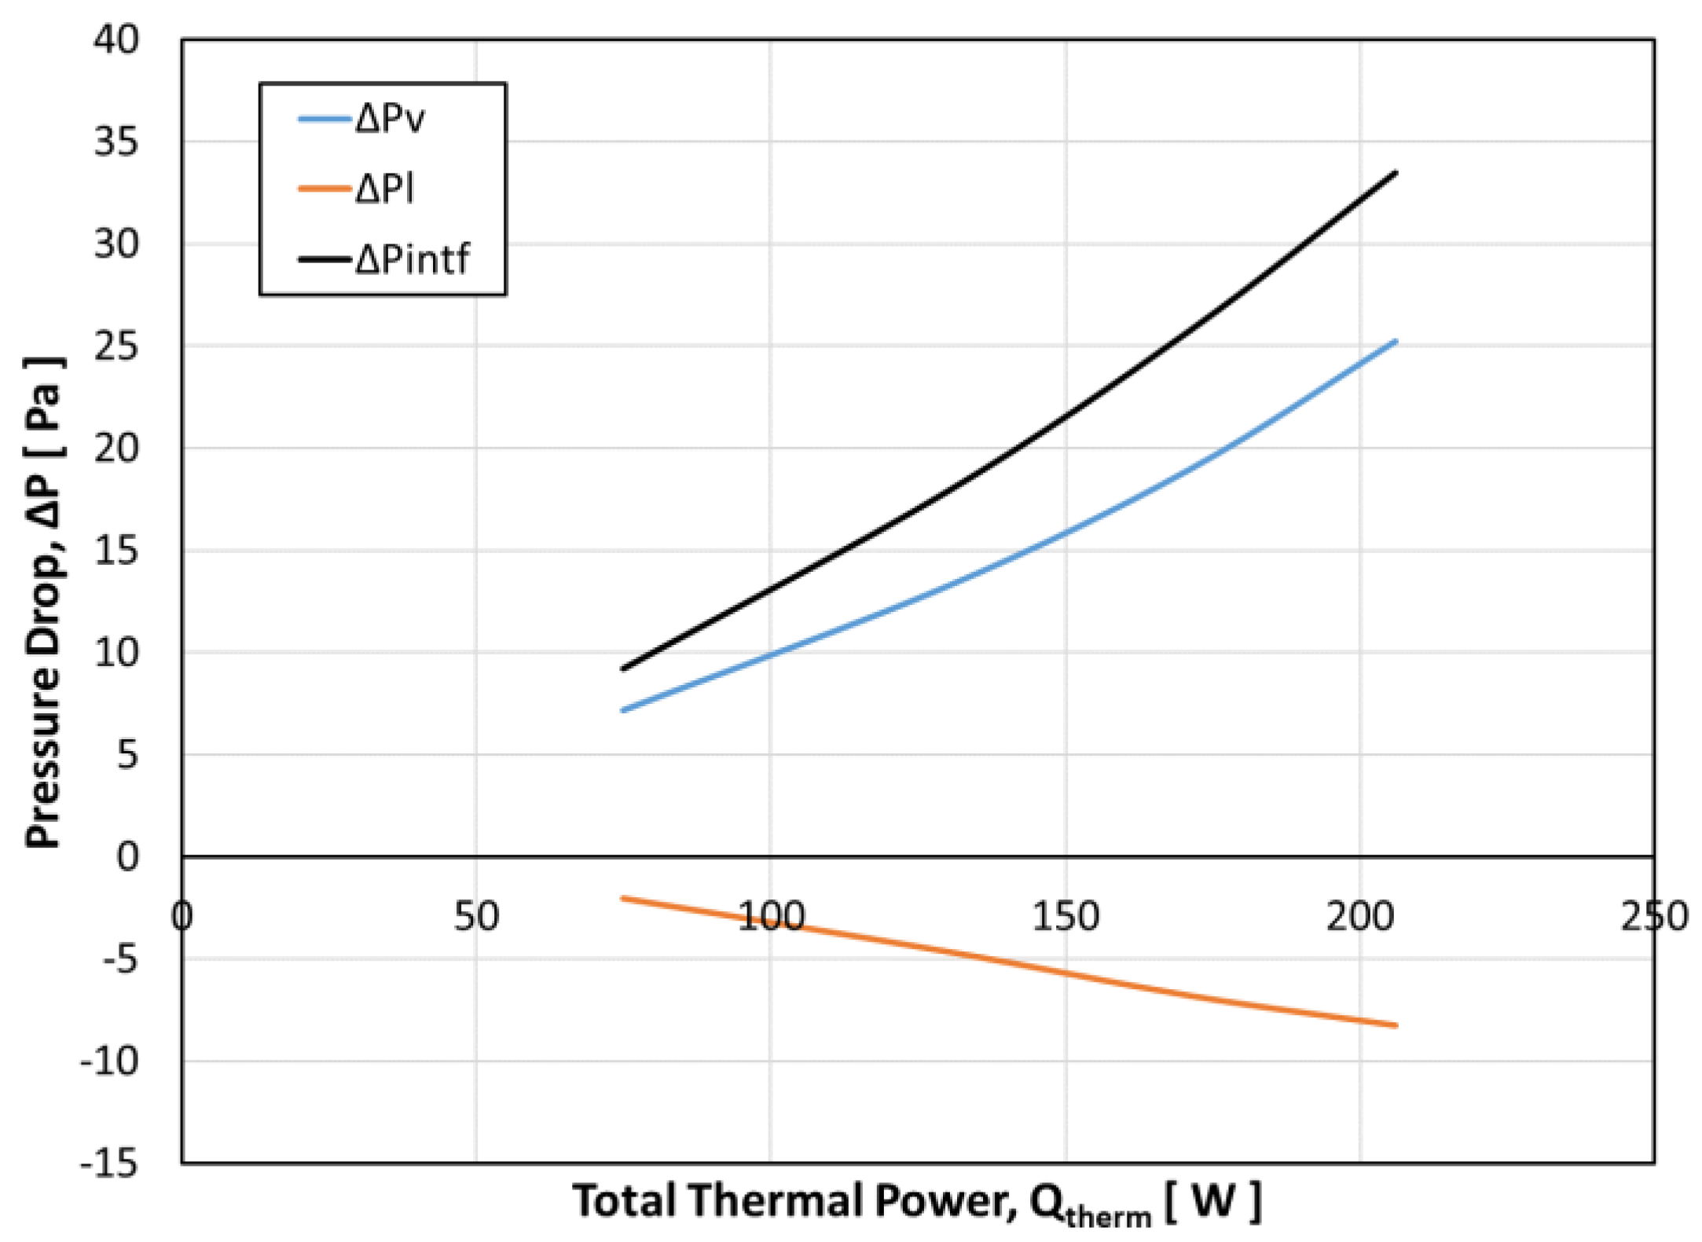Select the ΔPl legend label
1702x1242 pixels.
(x=384, y=189)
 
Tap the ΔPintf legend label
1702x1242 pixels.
(x=412, y=259)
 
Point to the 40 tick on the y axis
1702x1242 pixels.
(x=116, y=39)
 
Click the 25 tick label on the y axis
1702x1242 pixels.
(x=116, y=346)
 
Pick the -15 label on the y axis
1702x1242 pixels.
(x=108, y=1163)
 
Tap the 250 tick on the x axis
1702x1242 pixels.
(x=1653, y=917)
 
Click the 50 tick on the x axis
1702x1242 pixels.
(x=475, y=917)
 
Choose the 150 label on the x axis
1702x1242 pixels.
(x=1065, y=917)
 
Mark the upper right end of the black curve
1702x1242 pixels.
(x=1396, y=172)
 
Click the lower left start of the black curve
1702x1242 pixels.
(x=622, y=669)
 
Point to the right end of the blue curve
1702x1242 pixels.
(x=1396, y=341)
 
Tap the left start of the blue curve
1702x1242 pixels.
(x=622, y=710)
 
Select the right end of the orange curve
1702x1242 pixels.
(x=1396, y=1025)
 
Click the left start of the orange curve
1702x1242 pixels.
(x=622, y=898)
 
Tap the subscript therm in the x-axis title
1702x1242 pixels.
(x=1108, y=1217)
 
